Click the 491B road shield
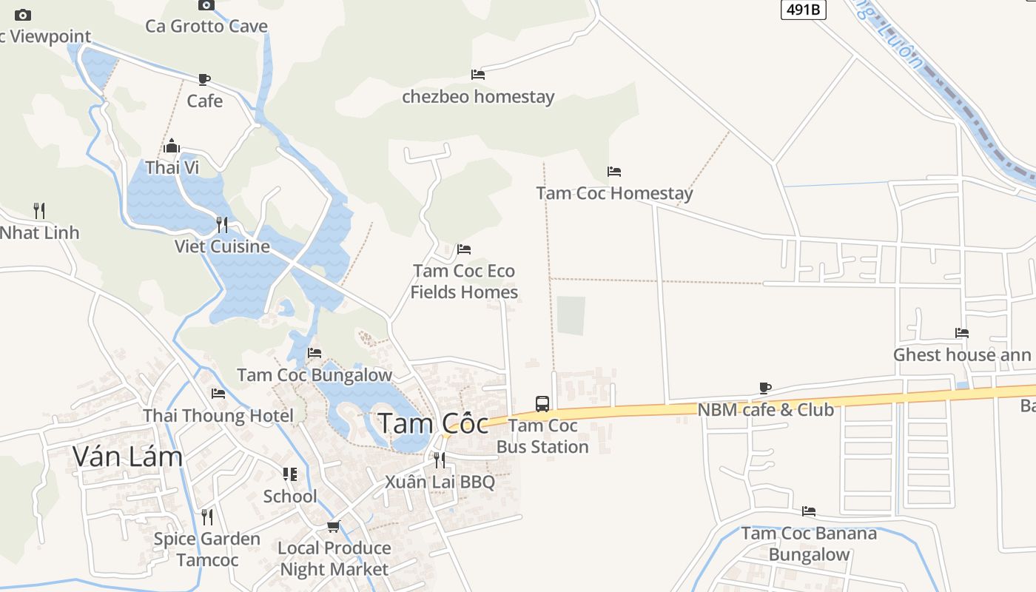(803, 10)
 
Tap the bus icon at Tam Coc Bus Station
(542, 404)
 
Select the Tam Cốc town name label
(433, 423)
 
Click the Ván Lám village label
(127, 457)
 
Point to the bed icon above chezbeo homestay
(478, 75)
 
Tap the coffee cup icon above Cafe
(204, 79)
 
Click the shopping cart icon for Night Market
(334, 526)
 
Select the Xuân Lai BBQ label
(440, 482)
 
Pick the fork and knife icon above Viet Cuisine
(222, 224)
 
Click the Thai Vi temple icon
(172, 146)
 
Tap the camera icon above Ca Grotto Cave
(206, 5)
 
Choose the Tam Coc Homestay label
(614, 193)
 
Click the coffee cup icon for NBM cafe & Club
(765, 388)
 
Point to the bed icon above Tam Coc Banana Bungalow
(809, 511)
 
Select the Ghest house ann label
(961, 354)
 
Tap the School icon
(290, 474)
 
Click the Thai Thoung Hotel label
(218, 416)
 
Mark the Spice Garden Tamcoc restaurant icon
(207, 517)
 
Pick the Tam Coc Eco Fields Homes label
(464, 281)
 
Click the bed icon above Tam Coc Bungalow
(314, 353)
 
